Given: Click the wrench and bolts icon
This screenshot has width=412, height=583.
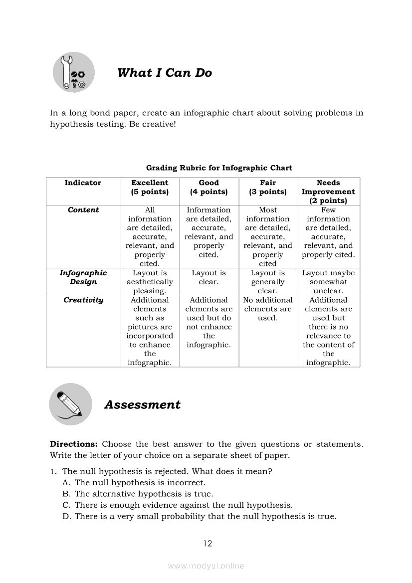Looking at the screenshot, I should tap(74, 73).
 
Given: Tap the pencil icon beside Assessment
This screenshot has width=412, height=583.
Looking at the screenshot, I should tap(70, 404).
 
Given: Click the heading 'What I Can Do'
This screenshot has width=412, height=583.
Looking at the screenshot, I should tap(165, 73).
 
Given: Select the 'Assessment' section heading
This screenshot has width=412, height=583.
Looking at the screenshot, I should tap(142, 404).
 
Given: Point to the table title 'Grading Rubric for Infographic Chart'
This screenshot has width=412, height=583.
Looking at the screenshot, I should tap(219, 168).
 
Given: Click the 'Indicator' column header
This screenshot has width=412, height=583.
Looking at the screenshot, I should tap(83, 183).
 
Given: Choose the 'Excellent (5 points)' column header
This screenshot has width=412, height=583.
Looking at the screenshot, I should tap(150, 188).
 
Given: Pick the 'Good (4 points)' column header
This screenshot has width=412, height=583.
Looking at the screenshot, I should tap(208, 188).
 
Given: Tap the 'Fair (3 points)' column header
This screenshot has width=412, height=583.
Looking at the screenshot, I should tap(268, 188).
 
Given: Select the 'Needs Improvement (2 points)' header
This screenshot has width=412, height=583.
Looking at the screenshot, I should tap(328, 192).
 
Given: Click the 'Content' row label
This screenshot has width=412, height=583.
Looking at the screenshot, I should tap(83, 210).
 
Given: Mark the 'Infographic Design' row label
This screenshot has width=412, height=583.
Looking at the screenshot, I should tap(83, 277).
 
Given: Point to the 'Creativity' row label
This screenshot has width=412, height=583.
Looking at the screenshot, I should tap(83, 300).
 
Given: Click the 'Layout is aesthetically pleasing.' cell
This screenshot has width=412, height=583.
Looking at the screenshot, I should tap(150, 282).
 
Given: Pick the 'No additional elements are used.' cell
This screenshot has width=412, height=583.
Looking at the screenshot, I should tap(268, 309).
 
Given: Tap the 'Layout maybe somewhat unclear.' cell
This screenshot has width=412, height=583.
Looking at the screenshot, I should tap(328, 282).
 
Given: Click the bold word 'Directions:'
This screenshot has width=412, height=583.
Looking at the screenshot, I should tap(73, 444).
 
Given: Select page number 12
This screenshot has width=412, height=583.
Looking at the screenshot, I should tap(208, 544).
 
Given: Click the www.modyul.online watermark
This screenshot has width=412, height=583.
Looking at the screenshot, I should tap(206, 566).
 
